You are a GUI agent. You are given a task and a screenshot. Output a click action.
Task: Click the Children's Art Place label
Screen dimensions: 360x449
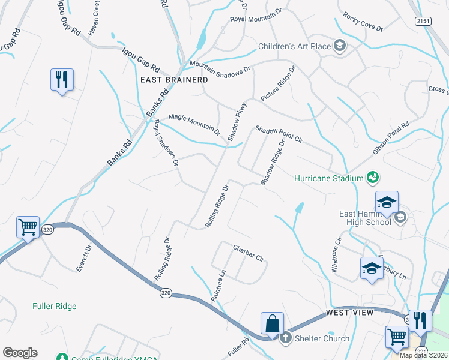294,46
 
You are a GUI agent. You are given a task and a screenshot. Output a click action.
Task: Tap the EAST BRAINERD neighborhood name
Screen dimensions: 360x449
174,80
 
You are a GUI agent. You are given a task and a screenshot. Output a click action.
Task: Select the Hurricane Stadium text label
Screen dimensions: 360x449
330,178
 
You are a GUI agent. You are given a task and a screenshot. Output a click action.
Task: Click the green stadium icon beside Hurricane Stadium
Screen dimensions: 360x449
373,177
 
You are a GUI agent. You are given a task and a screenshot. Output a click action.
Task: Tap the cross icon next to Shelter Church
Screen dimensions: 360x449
285,338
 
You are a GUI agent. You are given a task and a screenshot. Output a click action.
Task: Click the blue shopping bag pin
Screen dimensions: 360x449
272,323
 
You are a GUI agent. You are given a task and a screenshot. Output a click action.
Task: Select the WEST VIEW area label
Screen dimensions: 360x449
350,313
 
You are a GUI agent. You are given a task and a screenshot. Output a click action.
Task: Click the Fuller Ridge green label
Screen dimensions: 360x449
55,306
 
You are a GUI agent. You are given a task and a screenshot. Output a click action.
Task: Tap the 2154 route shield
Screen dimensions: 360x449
423,20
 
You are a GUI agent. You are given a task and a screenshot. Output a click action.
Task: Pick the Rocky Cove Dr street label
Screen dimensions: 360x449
363,23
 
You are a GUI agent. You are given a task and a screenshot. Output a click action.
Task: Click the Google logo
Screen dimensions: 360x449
20,353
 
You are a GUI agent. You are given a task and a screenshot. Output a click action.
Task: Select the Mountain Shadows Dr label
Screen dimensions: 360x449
219,67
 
